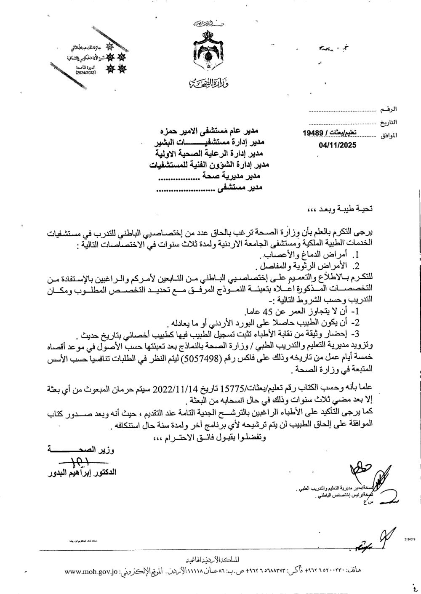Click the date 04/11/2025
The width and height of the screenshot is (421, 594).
338,145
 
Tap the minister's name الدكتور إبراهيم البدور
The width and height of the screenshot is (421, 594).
82,473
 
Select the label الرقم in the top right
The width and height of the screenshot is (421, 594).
388,110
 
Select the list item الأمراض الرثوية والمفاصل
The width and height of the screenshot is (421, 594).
311,266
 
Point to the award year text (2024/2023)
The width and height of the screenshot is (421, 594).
86,73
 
